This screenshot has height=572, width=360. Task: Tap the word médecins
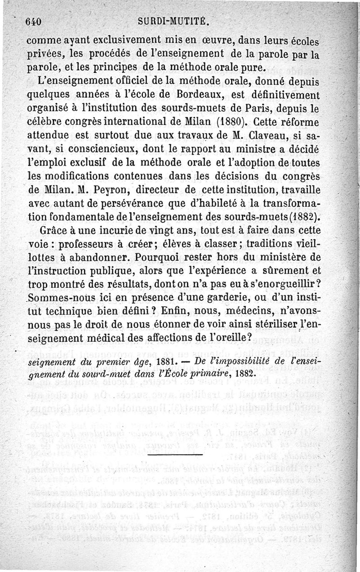(x=265, y=311)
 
